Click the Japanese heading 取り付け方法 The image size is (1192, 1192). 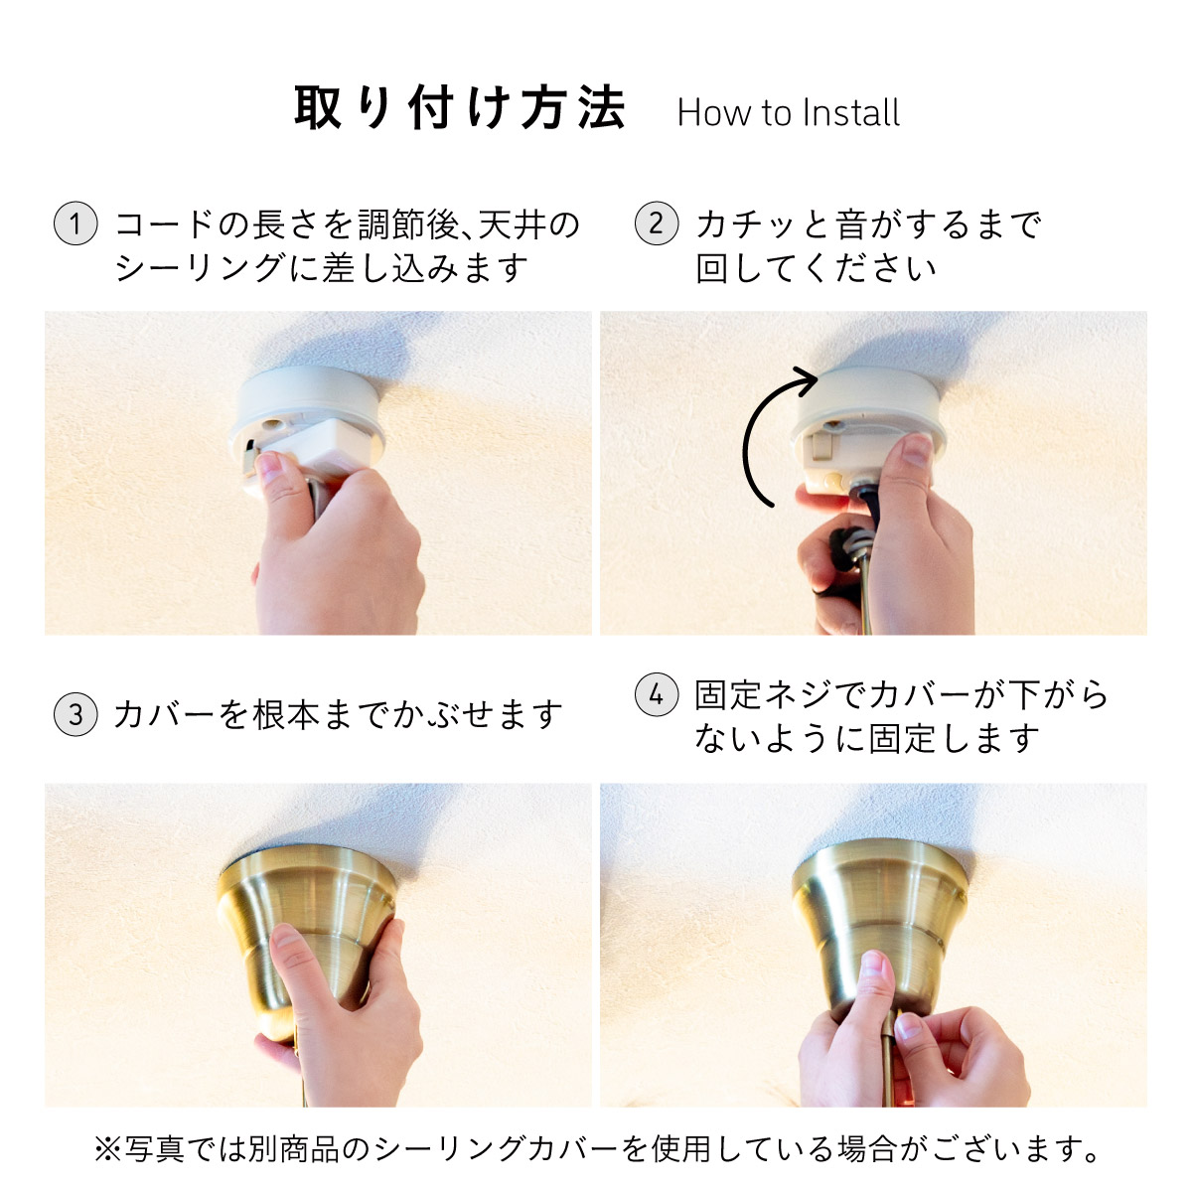[x=460, y=107]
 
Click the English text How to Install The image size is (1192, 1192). [x=788, y=113]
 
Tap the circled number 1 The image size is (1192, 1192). [x=75, y=223]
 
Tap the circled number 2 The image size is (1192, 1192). [x=657, y=223]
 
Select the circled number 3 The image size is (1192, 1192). [x=75, y=714]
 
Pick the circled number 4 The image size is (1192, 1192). [x=657, y=694]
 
